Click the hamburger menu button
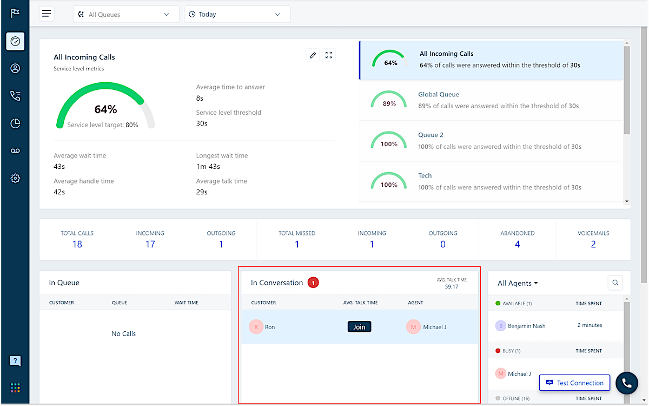tap(47, 14)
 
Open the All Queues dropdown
tap(125, 15)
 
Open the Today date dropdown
tap(237, 15)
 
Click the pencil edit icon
tap(312, 55)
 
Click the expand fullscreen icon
tap(328, 55)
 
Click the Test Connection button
tap(574, 383)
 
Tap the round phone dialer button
tap(626, 383)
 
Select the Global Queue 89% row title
tap(439, 94)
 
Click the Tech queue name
tap(425, 175)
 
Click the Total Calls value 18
tap(77, 244)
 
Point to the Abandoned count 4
tap(518, 244)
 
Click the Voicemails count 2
tap(593, 244)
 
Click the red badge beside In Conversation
tap(313, 283)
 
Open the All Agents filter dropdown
tap(518, 283)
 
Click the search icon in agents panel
tap(615, 282)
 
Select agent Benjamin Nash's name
tap(527, 326)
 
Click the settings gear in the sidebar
tap(15, 178)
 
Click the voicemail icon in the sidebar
tap(15, 150)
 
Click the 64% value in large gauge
tap(105, 109)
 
